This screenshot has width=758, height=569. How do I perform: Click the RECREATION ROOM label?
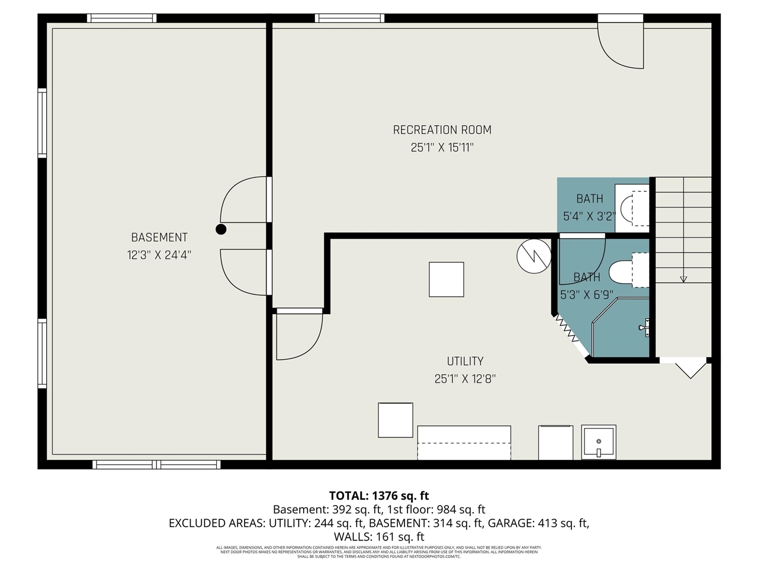tap(442, 130)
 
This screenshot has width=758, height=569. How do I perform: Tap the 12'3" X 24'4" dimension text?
tap(159, 255)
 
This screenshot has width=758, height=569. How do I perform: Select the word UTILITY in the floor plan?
tap(465, 361)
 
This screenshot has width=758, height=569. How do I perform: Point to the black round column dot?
tap(221, 229)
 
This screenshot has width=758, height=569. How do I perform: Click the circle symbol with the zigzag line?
tap(534, 256)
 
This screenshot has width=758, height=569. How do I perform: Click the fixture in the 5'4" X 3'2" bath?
tap(632, 207)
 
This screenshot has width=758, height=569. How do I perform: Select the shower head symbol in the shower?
tap(644, 327)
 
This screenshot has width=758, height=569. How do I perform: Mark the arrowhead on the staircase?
tap(683, 278)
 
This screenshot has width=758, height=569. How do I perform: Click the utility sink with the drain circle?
tap(599, 442)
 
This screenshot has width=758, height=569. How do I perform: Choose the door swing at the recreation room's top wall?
tap(620, 44)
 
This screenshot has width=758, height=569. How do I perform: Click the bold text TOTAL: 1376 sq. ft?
tap(379, 496)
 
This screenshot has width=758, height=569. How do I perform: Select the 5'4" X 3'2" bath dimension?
tap(589, 216)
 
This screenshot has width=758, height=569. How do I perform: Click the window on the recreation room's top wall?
tap(349, 18)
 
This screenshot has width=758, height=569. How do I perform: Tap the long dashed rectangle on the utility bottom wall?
tap(464, 442)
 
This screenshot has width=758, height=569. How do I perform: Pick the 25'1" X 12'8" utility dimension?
tap(465, 379)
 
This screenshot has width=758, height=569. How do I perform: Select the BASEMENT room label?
tap(159, 238)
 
